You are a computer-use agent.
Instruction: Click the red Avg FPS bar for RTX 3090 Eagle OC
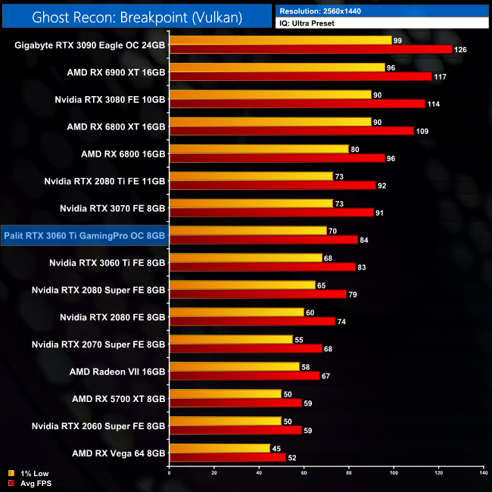click(x=310, y=50)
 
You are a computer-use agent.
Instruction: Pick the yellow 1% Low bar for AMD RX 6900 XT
click(x=277, y=67)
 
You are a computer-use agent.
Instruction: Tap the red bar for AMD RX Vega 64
click(x=227, y=458)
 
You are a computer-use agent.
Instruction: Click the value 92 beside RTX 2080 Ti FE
click(x=383, y=185)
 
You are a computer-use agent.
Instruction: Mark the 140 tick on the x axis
click(x=483, y=473)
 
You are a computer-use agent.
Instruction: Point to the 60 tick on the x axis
click(x=304, y=473)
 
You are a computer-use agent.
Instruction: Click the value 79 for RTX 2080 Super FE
click(x=355, y=294)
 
